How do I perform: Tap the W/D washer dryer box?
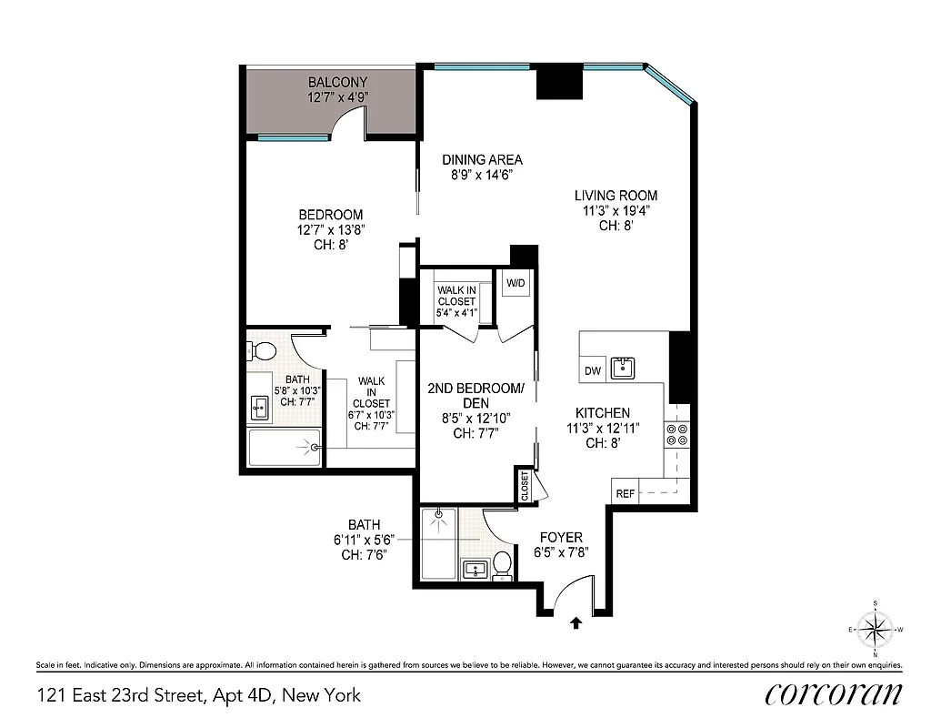coord(516,283)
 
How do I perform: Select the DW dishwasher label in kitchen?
coord(593,370)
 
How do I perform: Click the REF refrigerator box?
coord(625,493)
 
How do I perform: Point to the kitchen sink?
coord(623,368)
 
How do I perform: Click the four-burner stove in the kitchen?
coord(677,434)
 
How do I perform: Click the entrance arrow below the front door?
coord(576,623)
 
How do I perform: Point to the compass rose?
coord(875,629)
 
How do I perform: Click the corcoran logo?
coord(834,694)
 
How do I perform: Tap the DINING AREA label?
coord(482,159)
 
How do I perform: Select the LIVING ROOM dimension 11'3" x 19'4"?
coord(616,210)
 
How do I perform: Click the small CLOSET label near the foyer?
coord(525,485)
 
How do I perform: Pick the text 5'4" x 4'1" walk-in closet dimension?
coord(456,313)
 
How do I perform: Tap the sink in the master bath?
coord(260,409)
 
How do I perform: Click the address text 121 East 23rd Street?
coord(198,696)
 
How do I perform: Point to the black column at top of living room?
coord(558,83)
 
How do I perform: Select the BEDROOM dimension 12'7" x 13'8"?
coord(329,230)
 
